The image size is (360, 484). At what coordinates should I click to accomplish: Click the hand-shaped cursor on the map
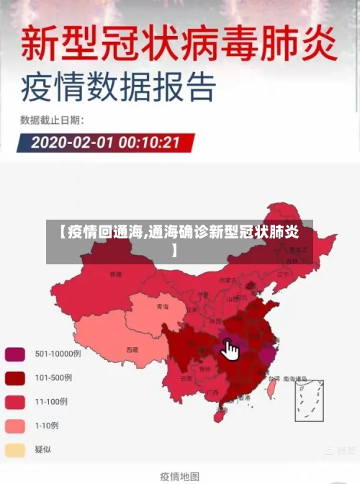[230, 350]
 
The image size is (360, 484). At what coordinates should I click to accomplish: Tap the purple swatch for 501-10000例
[15, 354]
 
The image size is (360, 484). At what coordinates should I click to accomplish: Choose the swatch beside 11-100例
[15, 401]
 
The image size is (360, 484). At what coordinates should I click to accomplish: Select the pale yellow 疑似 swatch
[15, 450]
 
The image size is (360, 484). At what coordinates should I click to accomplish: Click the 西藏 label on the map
[132, 350]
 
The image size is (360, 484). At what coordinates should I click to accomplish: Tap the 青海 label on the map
[162, 307]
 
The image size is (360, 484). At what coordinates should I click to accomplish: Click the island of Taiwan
[271, 389]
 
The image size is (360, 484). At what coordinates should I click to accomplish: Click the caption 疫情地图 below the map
[179, 475]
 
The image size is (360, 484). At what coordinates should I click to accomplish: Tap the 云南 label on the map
[186, 377]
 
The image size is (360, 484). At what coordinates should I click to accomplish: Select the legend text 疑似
[44, 450]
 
